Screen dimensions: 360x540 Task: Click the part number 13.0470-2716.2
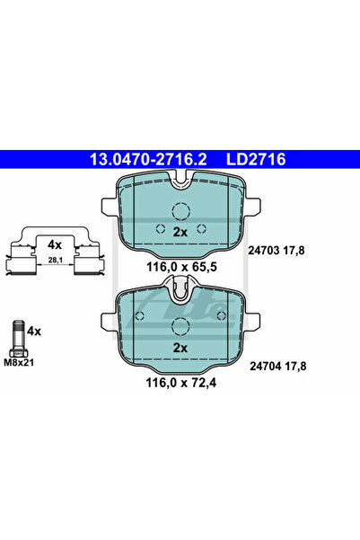point(148,159)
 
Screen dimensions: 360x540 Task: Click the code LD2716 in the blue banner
point(256,159)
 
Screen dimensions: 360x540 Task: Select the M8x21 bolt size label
point(19,362)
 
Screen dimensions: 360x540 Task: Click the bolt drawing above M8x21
point(19,339)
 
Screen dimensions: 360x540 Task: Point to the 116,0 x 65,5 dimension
point(181,267)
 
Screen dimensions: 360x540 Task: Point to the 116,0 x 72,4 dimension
point(181,382)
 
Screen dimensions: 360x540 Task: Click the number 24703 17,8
point(277,251)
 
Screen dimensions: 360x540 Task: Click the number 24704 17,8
point(277,366)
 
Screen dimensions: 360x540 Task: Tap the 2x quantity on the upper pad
point(180,233)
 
